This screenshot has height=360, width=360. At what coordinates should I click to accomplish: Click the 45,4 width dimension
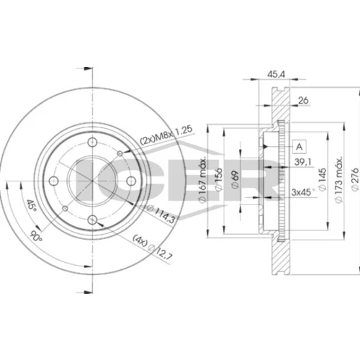tap(276, 74)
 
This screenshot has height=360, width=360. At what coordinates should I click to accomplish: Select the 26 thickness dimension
tap(303, 100)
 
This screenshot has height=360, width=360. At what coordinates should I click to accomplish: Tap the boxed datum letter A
tap(300, 146)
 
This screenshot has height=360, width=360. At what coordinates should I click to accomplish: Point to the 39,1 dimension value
tap(302, 162)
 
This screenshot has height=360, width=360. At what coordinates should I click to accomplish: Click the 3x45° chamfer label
tap(304, 192)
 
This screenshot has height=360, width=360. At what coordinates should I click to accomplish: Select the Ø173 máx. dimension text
tap(338, 180)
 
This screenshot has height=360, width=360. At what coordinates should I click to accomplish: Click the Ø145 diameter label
tap(323, 179)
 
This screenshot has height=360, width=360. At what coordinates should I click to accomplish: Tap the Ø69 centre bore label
tap(235, 180)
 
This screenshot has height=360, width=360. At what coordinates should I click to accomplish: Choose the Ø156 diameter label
tap(219, 179)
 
